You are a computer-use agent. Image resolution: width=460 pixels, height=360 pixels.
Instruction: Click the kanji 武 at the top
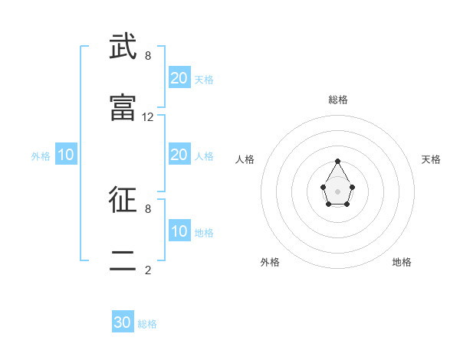pos(123,48)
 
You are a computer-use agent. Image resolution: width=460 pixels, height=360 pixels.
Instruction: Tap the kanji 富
pos(123,108)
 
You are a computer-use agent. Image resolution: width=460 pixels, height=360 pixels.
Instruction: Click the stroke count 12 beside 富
pos(148,117)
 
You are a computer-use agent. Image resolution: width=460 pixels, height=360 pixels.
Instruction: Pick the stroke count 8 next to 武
pos(148,56)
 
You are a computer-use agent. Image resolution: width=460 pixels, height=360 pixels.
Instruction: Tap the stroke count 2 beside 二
pos(148,270)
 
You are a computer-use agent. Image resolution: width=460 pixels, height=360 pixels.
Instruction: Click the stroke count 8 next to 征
pos(148,208)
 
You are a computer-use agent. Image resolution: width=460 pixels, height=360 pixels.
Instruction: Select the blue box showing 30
pos(123,322)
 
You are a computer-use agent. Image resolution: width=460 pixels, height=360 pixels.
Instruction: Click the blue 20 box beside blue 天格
pos(179,78)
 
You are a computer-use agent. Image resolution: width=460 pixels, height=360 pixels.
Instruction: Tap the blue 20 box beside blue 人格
pos(179,155)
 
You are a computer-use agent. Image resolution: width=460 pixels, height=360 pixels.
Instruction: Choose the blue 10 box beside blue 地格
pos(179,231)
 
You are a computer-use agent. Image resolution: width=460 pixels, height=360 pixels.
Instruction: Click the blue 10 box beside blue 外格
pos(66,155)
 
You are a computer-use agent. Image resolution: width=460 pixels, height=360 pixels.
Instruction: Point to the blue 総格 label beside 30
pos(147,324)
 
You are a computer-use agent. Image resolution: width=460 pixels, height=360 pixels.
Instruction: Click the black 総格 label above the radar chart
pos(338,100)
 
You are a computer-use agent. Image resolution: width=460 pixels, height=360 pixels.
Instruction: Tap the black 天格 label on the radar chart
pos(432,159)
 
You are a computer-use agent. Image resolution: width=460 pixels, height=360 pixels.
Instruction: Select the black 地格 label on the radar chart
pos(402,262)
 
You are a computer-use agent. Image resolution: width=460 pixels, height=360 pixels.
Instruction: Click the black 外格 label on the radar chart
pos(270,262)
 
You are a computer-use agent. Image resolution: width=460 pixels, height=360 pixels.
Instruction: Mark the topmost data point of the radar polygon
pos(337,161)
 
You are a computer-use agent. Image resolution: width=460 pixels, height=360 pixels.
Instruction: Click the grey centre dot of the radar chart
pos(337,191)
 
